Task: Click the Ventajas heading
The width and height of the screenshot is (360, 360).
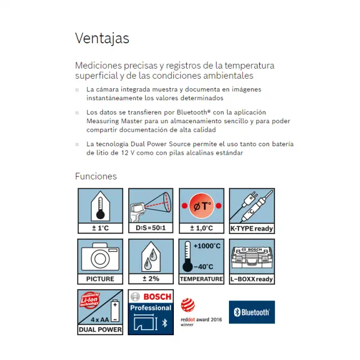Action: click(102, 38)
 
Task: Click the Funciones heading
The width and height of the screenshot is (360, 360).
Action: click(96, 176)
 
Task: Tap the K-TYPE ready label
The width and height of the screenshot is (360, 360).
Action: click(252, 228)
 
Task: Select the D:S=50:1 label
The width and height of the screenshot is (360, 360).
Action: click(151, 228)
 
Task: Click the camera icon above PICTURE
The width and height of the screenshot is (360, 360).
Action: click(100, 257)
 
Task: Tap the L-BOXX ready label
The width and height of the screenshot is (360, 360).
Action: click(252, 279)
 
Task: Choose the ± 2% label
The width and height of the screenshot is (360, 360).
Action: click(151, 279)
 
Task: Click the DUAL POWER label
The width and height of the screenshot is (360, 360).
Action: click(100, 330)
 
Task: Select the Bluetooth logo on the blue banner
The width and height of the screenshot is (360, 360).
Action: click(251, 312)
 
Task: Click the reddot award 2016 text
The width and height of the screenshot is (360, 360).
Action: click(201, 319)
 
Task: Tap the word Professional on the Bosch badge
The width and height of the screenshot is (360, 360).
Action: click(151, 308)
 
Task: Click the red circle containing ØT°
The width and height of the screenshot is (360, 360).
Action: click(201, 205)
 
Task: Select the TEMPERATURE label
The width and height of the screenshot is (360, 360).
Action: click(201, 279)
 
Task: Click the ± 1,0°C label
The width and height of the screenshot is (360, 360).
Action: click(201, 228)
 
